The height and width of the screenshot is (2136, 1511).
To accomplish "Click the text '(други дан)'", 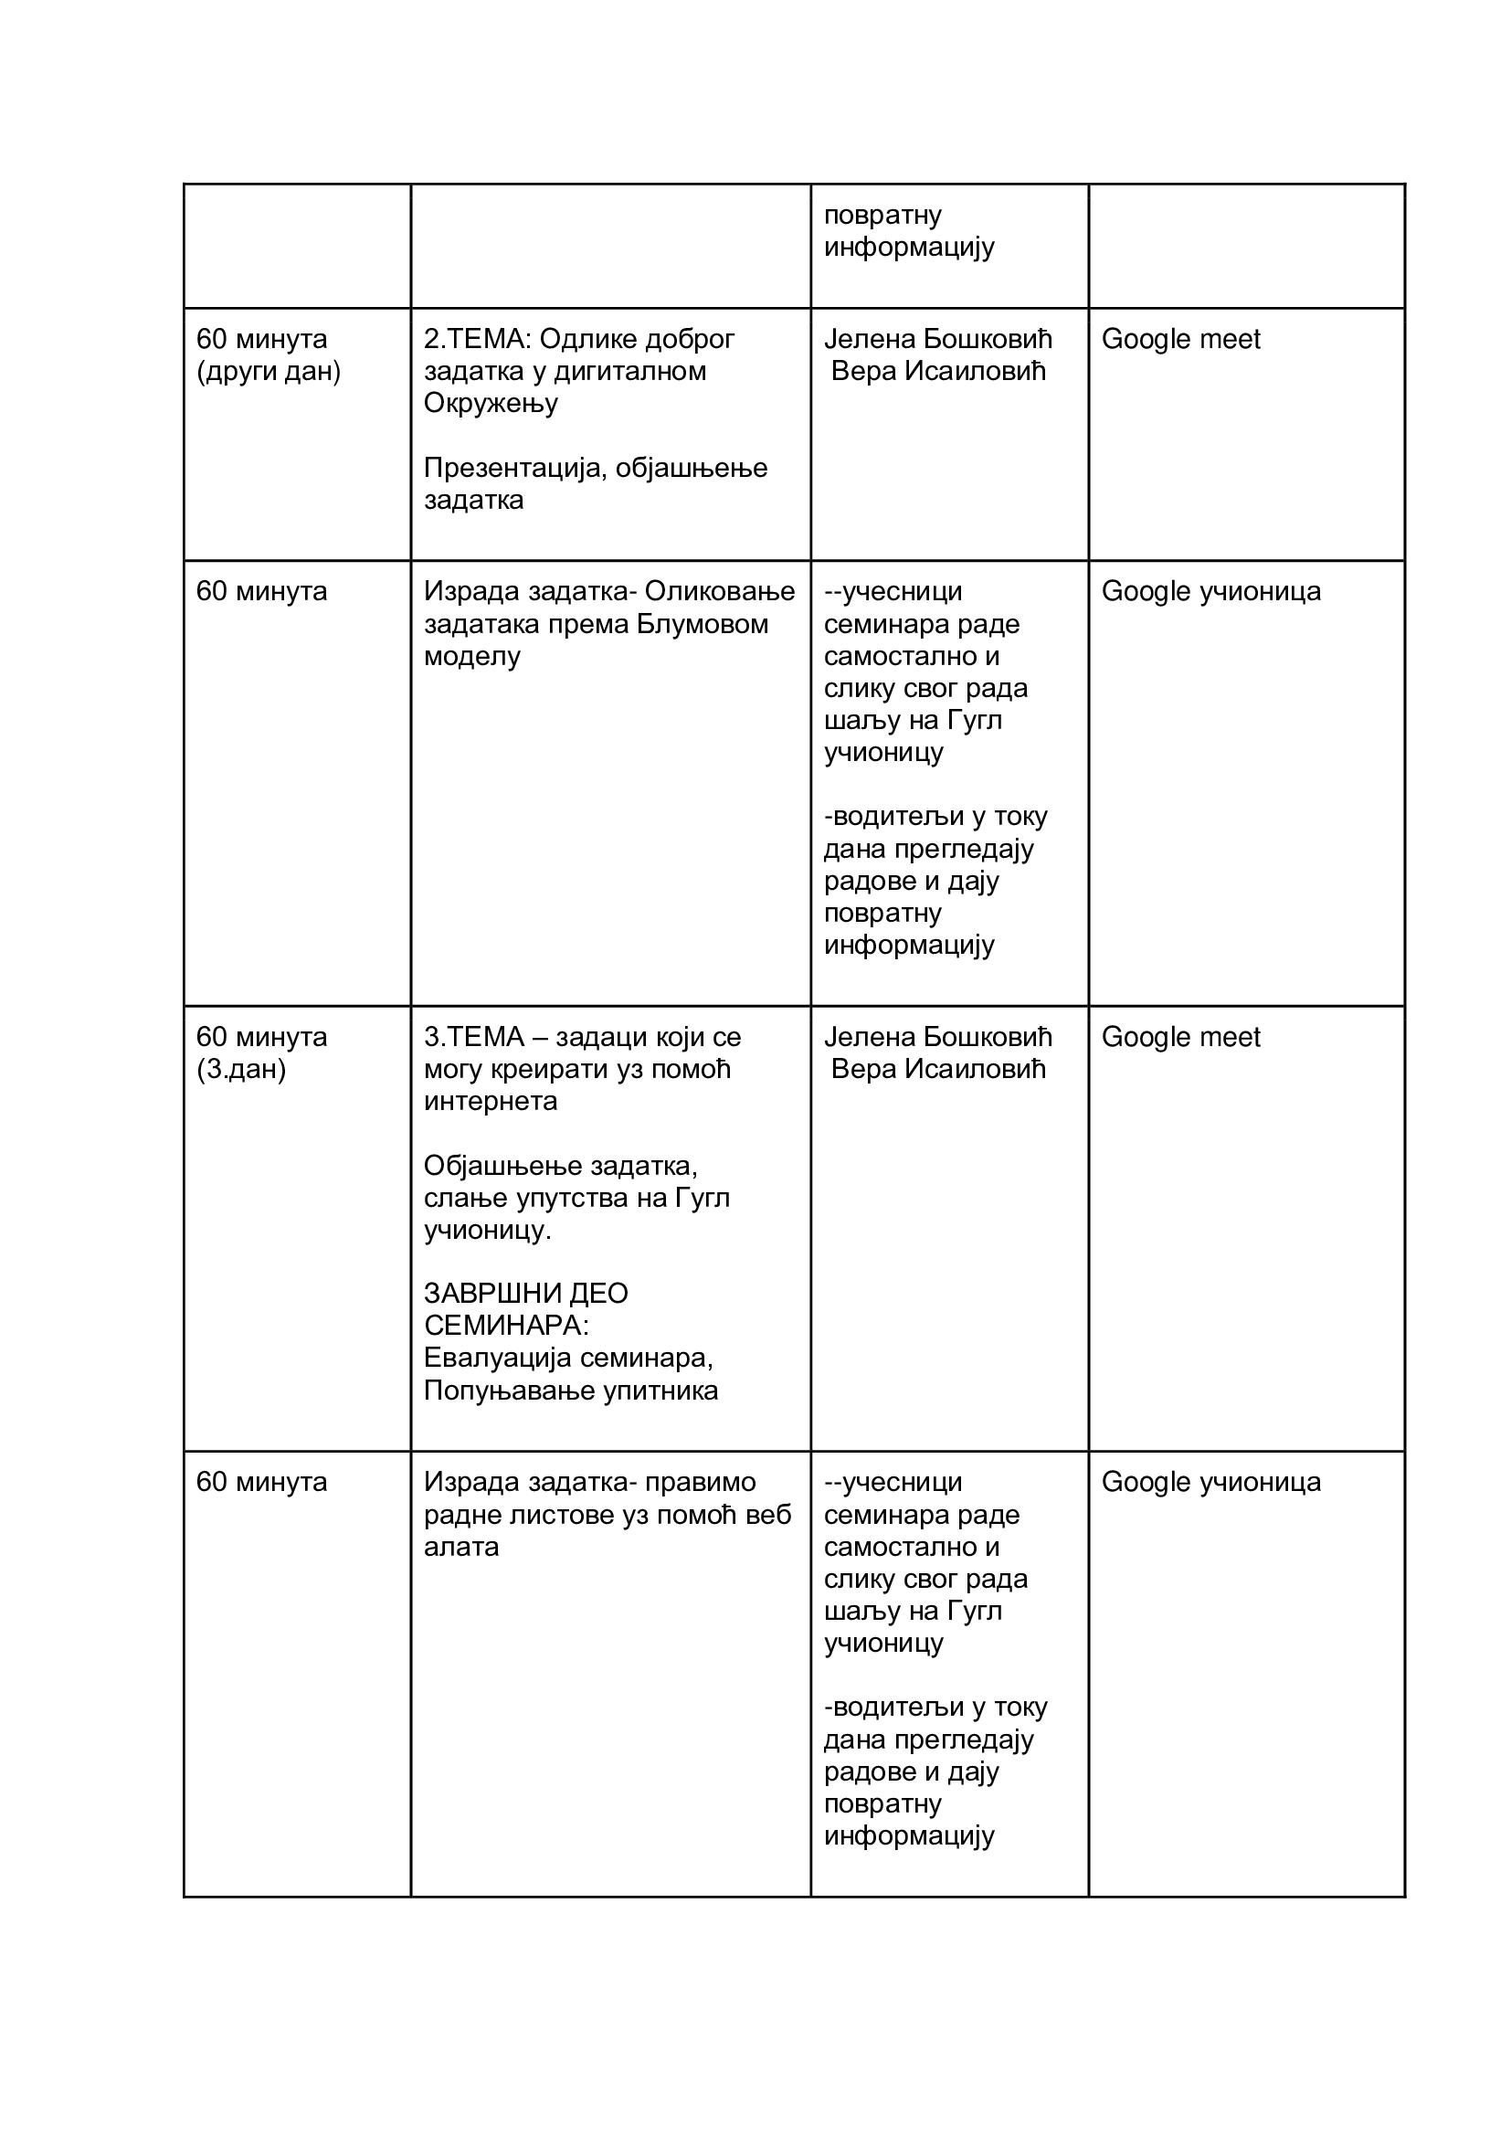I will click(268, 371).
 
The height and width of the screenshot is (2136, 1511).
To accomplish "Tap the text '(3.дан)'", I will click(241, 1069).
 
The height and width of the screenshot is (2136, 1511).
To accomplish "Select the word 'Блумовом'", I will click(703, 623).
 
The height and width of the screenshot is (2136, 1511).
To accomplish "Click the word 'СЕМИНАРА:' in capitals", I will click(506, 1325).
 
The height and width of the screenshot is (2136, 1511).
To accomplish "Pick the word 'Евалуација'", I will click(497, 1358).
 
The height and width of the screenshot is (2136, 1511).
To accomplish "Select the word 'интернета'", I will click(491, 1102).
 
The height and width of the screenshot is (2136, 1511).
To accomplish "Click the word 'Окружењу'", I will click(491, 403).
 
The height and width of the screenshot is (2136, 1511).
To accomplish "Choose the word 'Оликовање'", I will click(719, 591).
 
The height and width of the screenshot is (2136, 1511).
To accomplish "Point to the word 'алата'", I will click(461, 1546).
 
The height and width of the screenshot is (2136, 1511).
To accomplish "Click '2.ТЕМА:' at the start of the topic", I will click(477, 339).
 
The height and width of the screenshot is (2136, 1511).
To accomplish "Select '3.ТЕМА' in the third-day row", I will click(473, 1036).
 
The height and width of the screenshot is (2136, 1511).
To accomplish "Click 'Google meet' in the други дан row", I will click(1179, 339).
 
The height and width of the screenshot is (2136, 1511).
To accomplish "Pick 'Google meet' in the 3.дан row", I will click(1179, 1036).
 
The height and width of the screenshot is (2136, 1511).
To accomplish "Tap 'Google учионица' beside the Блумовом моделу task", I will click(1210, 591).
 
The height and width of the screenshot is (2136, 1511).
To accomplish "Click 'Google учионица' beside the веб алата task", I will click(1210, 1482).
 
